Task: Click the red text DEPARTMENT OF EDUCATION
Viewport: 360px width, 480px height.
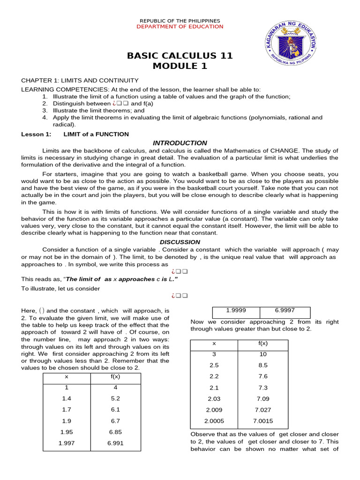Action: coord(180,27)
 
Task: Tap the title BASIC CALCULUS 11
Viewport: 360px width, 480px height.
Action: coord(180,56)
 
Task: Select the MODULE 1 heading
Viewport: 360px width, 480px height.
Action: coord(180,66)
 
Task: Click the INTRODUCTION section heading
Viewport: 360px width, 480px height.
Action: coord(180,143)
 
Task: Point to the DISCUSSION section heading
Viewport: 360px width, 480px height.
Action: coord(180,242)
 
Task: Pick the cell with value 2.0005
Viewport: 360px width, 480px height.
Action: coord(214,421)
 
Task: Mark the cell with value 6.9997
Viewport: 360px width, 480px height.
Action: coord(285,310)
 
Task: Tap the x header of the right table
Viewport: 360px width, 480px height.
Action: coord(214,343)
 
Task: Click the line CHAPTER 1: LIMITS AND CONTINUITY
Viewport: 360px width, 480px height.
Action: coord(80,81)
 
